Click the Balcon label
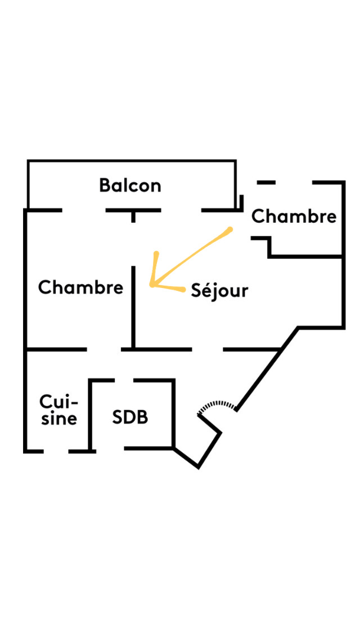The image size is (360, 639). point(130,185)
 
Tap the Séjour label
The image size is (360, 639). point(219,291)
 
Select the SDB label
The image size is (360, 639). point(130,417)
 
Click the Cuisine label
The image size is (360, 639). point(58,410)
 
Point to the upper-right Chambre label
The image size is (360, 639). point(294,217)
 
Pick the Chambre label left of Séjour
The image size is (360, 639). point(80,287)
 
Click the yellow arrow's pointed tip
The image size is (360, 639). point(152,285)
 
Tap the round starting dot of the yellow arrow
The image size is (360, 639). point(229,229)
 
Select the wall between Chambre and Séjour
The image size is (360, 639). point(133,307)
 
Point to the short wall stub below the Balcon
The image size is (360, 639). point(133,217)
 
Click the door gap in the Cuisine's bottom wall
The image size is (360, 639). point(56,451)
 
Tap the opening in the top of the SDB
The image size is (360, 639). point(124,381)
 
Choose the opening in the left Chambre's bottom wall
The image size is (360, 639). point(104,349)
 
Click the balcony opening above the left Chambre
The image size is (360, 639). point(84,210)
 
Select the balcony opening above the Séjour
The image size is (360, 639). point(181,210)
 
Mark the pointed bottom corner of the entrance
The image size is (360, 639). point(198,467)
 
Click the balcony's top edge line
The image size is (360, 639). point(131,161)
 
